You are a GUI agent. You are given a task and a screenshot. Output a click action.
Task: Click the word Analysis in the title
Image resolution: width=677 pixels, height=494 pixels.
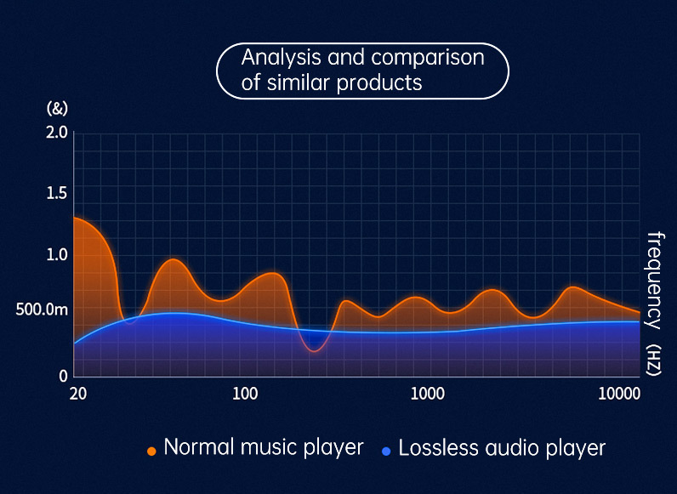tap(281, 58)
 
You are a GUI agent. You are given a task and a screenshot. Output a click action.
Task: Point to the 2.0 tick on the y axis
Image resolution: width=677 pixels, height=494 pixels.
tap(57, 132)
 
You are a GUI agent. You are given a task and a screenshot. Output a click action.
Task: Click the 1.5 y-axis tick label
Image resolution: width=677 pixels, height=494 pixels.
tap(57, 194)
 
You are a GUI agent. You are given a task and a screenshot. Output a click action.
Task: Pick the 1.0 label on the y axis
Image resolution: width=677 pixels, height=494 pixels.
tap(57, 255)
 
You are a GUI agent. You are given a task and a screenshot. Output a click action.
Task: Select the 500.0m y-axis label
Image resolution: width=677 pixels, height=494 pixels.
tap(42, 310)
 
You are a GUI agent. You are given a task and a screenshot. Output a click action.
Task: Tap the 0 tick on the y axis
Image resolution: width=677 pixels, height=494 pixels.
tap(64, 376)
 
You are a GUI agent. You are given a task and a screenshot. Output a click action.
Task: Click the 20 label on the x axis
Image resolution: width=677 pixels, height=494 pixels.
tap(77, 394)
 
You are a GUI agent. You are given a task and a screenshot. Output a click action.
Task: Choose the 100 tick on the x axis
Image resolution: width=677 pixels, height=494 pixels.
tap(245, 394)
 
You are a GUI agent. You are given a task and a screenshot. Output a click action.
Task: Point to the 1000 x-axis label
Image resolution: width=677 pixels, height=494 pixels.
tap(428, 394)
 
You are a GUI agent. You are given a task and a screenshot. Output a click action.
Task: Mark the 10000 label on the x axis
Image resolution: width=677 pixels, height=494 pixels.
tap(618, 394)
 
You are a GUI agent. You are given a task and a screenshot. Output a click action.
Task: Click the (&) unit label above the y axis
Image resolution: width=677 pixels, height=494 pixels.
tap(57, 108)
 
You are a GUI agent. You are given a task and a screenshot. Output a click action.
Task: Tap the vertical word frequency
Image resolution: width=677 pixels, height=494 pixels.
tap(655, 281)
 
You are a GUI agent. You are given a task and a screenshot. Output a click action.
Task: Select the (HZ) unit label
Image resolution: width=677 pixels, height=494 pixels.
tap(655, 361)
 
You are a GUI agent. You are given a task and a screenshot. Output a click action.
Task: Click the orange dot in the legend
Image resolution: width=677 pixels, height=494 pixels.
tap(151, 451)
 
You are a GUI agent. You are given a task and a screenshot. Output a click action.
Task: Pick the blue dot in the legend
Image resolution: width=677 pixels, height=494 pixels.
tap(386, 451)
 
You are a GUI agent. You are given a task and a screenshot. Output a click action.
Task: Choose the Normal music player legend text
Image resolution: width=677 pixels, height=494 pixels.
tap(264, 447)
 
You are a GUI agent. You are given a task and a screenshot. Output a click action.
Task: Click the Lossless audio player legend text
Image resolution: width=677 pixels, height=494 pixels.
tap(502, 447)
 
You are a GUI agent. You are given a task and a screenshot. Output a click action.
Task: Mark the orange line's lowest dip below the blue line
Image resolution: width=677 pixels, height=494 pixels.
tap(314, 351)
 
